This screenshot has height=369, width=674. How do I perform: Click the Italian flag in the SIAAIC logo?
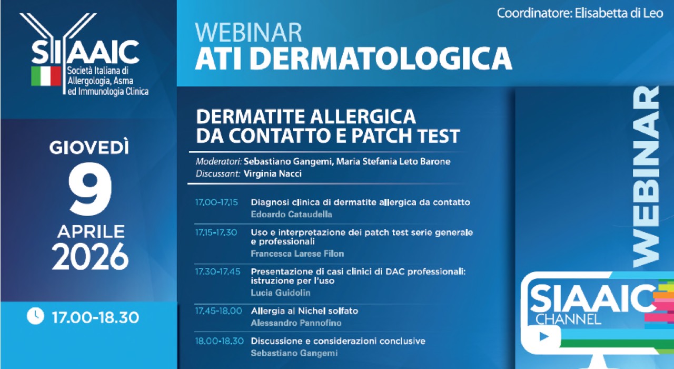46,76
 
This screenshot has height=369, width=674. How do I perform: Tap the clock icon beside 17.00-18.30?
35,316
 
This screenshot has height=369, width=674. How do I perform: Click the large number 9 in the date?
90,189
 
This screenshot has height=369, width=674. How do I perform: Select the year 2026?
90,256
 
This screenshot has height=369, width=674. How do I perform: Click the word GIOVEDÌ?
90,147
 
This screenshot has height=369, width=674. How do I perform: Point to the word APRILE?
91,231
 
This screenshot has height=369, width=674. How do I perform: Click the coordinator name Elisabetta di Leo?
619,13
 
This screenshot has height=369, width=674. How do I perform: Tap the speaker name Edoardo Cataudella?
292,215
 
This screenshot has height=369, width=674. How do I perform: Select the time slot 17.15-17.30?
216,232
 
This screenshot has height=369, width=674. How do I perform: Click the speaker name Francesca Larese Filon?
298,254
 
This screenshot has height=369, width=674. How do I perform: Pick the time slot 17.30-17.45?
217,271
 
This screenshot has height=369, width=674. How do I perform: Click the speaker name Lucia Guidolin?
281,293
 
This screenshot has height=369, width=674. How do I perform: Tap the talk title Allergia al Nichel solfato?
304,311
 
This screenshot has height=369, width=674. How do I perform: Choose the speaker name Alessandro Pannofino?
296,323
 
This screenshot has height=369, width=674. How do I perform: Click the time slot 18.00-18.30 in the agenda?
220,341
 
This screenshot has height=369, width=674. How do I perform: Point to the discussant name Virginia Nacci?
273,174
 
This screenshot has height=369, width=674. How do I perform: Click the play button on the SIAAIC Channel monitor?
543,336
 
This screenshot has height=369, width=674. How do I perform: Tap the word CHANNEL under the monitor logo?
568,319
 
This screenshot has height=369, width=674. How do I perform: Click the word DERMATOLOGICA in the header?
381,58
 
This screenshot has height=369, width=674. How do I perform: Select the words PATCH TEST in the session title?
405,135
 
